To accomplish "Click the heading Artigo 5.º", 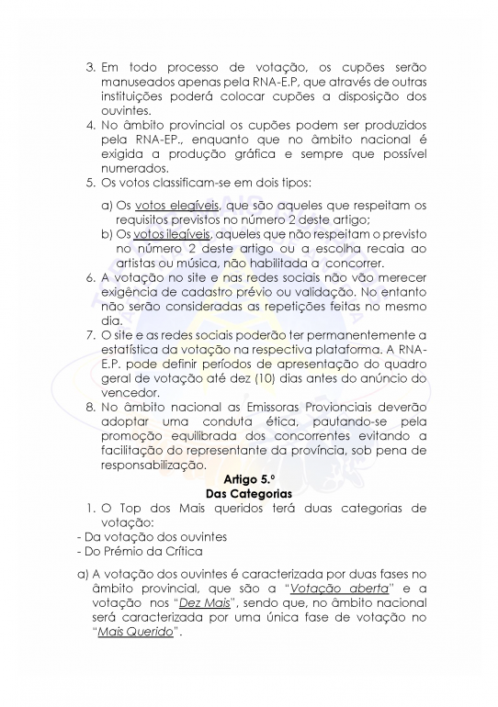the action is point(249,478).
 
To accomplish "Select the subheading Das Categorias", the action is point(249,493).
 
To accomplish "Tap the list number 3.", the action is point(90,68).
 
